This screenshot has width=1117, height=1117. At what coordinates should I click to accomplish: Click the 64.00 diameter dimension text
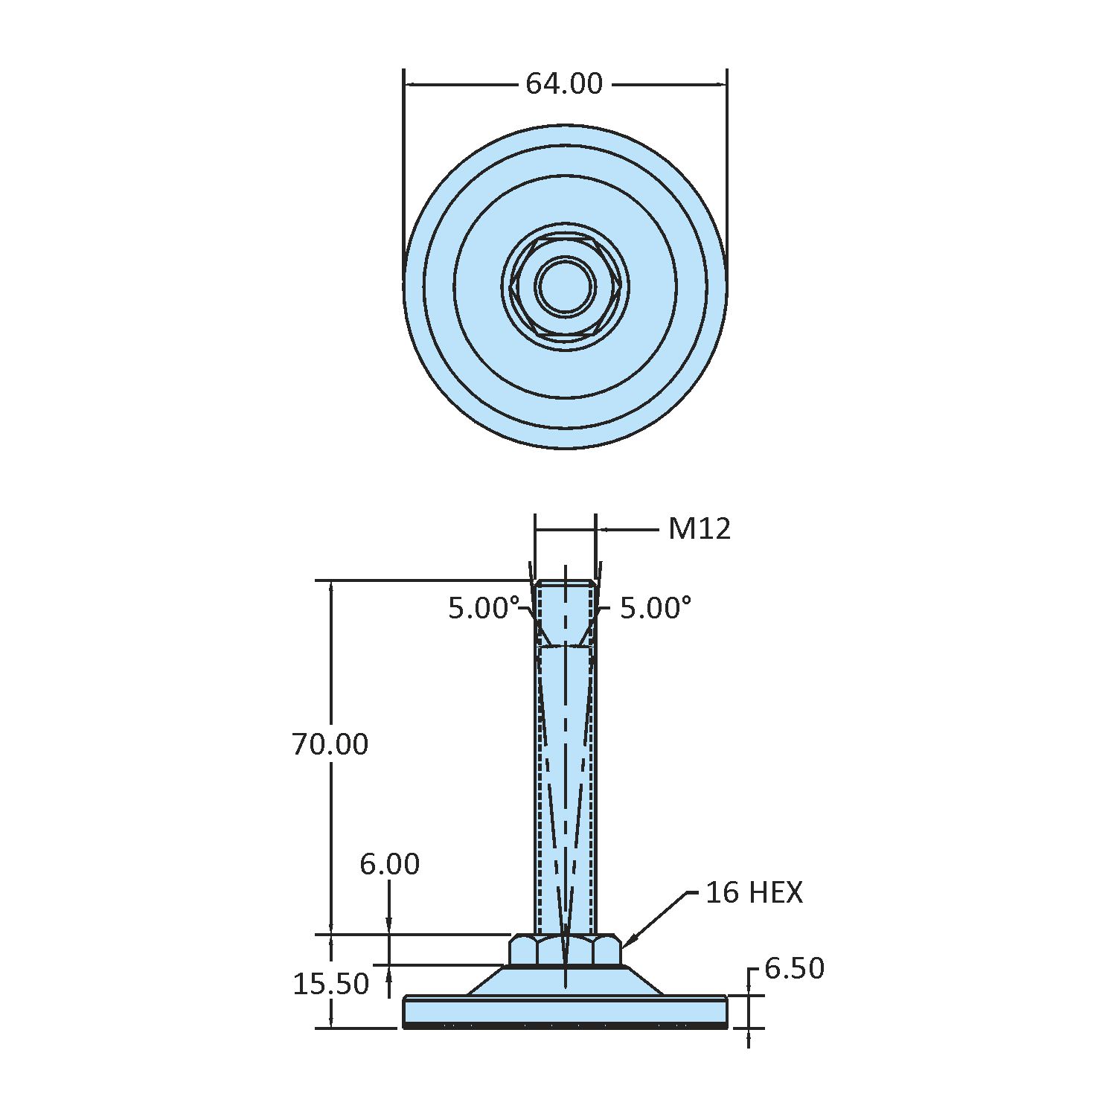(x=564, y=83)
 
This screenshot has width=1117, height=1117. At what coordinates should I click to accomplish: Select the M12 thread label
(x=700, y=529)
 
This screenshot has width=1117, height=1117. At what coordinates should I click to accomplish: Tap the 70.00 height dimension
(x=330, y=744)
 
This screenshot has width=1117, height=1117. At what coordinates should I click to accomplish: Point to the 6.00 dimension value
(x=389, y=864)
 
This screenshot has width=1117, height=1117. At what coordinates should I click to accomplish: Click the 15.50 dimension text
(x=330, y=984)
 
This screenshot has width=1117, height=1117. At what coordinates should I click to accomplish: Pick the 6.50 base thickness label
(x=794, y=969)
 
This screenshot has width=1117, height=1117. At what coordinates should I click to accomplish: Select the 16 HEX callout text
(x=754, y=892)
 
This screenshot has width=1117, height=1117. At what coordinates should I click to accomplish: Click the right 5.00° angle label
(x=656, y=609)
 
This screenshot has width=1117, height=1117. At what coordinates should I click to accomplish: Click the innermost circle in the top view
(x=566, y=287)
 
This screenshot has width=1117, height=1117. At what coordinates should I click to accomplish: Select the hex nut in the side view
(x=566, y=950)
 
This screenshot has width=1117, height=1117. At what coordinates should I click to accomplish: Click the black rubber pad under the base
(x=566, y=1025)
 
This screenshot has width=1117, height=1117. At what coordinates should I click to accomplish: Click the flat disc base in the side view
(x=566, y=1011)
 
